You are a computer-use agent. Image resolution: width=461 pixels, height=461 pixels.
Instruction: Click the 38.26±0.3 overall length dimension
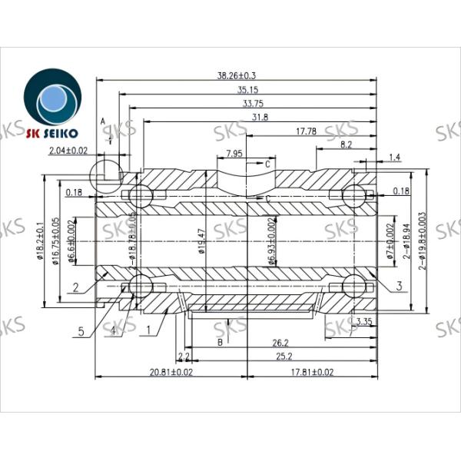(237, 75)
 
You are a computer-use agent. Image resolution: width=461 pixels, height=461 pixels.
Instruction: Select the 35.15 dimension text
(248, 90)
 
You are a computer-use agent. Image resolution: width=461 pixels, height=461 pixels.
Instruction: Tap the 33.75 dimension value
(252, 103)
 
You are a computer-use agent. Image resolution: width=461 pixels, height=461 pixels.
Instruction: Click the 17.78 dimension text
(307, 131)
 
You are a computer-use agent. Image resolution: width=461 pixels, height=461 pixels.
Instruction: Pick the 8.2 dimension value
(346, 144)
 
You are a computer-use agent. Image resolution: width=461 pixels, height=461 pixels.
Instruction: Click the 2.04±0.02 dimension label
(68, 151)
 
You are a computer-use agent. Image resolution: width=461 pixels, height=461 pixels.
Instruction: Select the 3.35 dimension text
(364, 321)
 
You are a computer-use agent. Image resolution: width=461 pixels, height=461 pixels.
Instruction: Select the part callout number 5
(80, 332)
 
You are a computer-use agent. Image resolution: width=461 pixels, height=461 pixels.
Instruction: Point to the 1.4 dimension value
(395, 158)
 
